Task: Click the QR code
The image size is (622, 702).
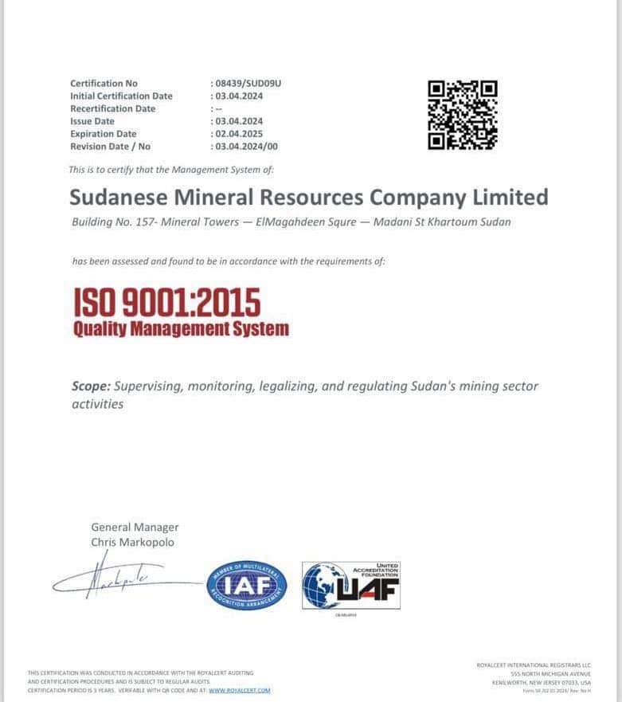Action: pyautogui.click(x=463, y=115)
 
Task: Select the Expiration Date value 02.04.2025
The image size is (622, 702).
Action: pyautogui.click(x=239, y=134)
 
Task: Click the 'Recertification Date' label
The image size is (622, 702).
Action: pyautogui.click(x=112, y=108)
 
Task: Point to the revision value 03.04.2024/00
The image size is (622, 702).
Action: pyautogui.click(x=247, y=147)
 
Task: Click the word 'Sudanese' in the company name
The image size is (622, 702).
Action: pyautogui.click(x=119, y=197)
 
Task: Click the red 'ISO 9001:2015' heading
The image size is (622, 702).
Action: pyautogui.click(x=167, y=301)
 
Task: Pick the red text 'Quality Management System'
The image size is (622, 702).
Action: pyautogui.click(x=181, y=328)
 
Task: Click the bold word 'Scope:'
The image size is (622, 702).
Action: pyautogui.click(x=91, y=386)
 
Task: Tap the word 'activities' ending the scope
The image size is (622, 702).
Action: pyautogui.click(x=98, y=404)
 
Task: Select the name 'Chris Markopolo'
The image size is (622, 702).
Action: pyautogui.click(x=132, y=542)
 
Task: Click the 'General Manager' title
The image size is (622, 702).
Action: pyautogui.click(x=135, y=527)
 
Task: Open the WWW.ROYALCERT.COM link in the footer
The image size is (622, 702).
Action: pyautogui.click(x=240, y=690)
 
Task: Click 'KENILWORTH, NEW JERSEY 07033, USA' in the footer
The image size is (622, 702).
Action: pyautogui.click(x=542, y=682)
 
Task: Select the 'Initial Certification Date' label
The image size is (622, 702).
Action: pyautogui.click(x=121, y=96)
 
